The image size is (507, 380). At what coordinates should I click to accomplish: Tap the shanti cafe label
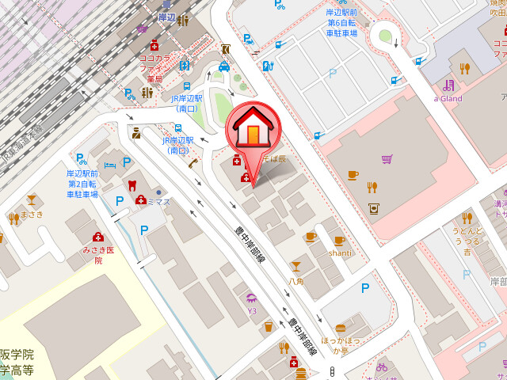(x=340, y=253)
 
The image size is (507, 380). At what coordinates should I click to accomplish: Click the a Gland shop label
(x=447, y=98)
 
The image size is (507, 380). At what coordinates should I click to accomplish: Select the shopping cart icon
(x=387, y=159)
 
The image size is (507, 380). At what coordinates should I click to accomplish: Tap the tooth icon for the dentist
(x=132, y=185)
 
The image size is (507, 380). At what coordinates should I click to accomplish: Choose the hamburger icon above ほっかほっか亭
(x=341, y=328)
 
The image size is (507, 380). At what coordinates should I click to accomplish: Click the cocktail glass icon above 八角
(x=296, y=266)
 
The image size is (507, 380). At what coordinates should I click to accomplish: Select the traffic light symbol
(x=332, y=372)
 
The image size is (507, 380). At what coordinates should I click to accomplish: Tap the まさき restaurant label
(x=32, y=214)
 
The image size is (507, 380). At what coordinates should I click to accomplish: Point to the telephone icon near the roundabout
(x=193, y=164)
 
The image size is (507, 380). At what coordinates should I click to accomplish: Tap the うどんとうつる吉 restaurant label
(x=467, y=241)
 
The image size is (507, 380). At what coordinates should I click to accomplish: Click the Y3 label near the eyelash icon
(x=253, y=311)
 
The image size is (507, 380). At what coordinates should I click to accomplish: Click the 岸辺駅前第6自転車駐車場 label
(x=342, y=24)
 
